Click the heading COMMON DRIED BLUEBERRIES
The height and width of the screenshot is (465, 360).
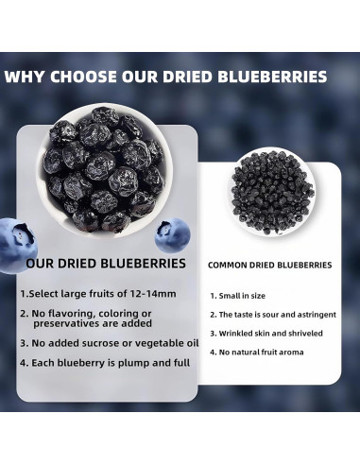[269, 266]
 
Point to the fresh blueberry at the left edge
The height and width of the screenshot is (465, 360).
[11, 237]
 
